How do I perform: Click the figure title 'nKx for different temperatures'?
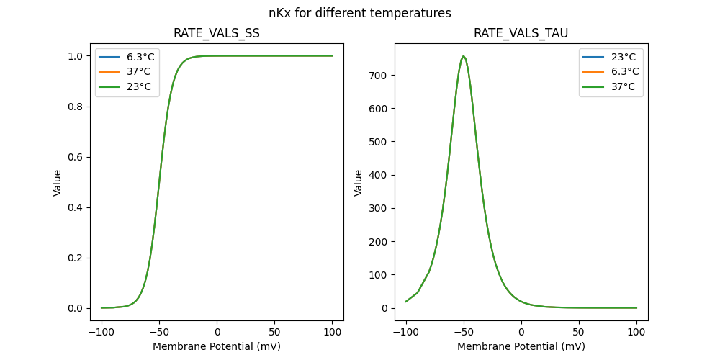tap(359, 13)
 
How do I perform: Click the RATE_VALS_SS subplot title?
tap(217, 34)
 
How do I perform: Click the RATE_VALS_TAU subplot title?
tap(521, 34)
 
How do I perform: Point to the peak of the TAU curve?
tap(464, 55)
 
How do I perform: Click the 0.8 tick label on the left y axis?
tap(74, 107)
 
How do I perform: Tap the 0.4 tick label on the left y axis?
tap(74, 207)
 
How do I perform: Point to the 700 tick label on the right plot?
tap(379, 76)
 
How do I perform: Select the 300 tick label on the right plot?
tap(379, 208)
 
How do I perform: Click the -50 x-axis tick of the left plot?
tap(159, 333)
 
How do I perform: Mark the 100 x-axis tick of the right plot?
tap(636, 333)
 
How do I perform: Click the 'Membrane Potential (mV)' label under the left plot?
tap(217, 346)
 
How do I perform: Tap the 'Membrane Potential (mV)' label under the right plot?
tap(521, 346)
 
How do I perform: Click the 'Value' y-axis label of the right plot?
tap(358, 182)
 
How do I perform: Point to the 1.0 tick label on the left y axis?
tap(74, 56)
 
